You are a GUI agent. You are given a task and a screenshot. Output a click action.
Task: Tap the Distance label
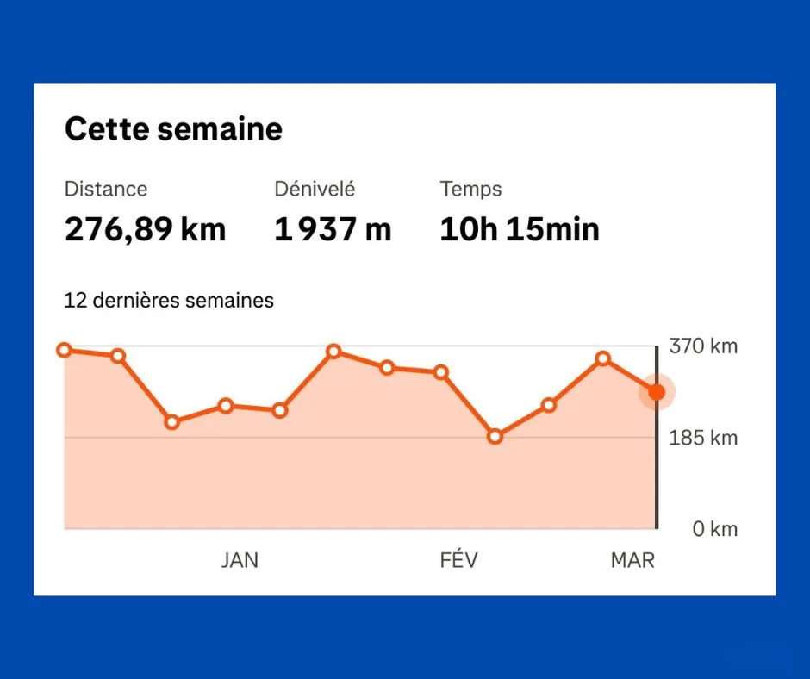106,189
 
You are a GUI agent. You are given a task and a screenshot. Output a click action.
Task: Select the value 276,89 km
145,230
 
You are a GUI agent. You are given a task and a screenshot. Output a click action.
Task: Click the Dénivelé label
315,189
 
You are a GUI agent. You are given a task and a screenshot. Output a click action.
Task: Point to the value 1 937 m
333,230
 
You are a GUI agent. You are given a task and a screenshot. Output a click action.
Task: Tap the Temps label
470,189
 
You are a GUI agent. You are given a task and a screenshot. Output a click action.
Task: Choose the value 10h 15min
519,230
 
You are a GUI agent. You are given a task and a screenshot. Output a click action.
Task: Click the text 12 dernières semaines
169,301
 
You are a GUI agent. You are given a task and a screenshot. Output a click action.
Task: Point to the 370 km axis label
703,346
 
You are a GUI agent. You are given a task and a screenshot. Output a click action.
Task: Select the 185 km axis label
703,438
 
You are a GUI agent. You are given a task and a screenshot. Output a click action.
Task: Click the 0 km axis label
715,529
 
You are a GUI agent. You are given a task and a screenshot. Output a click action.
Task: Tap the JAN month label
240,560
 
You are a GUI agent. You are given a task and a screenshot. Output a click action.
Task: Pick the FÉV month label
458,560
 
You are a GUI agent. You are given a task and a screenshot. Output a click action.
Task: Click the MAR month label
632,560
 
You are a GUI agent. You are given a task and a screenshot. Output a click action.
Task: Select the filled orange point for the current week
657,392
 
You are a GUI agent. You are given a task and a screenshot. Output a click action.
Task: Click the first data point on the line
65,350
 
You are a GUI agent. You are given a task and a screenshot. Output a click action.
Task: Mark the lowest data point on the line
495,437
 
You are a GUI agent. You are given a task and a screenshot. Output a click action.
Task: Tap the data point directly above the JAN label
226,405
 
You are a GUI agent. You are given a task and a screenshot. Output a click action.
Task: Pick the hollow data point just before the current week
602,358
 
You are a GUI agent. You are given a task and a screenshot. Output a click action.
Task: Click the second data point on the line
118,356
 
